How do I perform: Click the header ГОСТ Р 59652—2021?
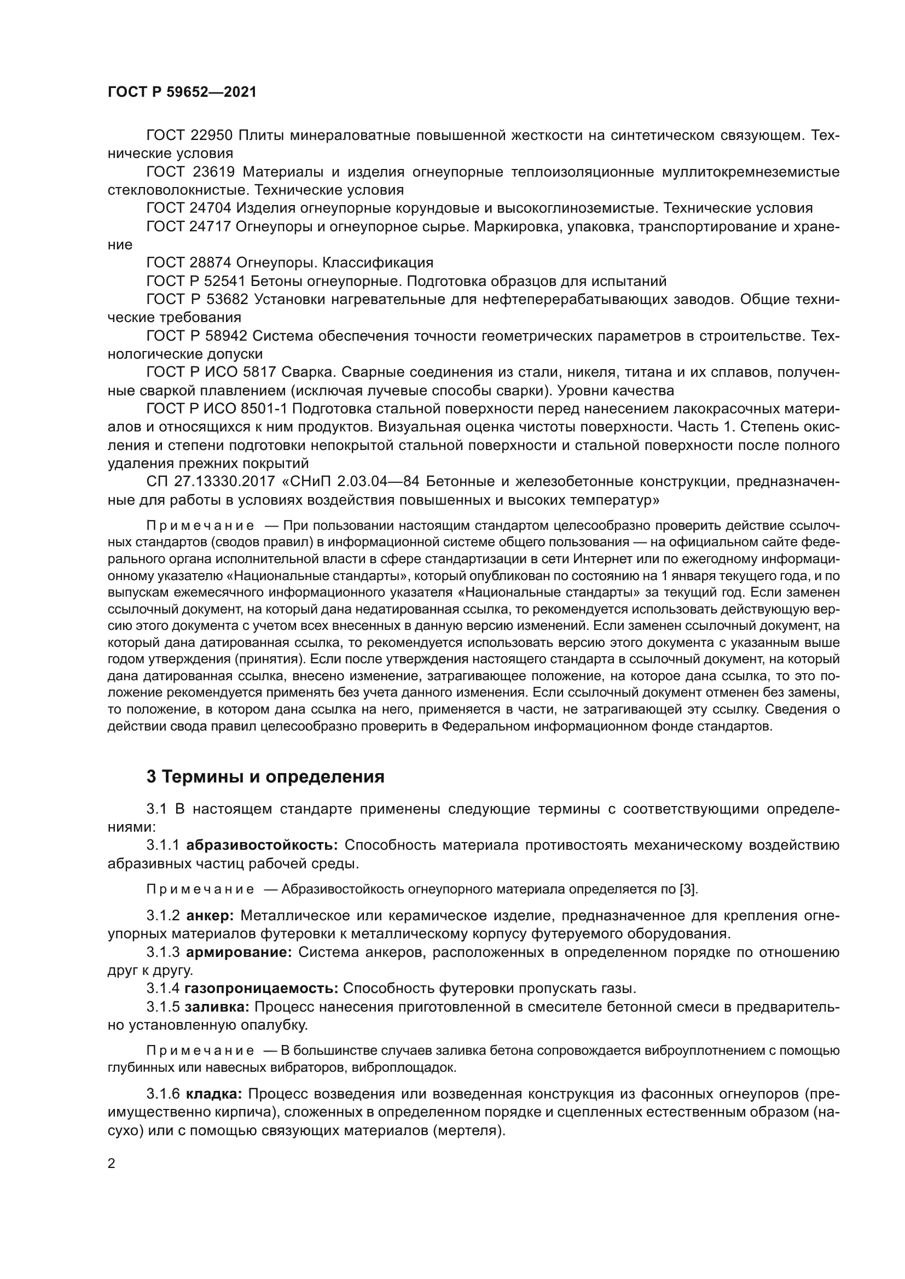click(182, 92)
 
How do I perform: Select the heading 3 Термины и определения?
click(265, 776)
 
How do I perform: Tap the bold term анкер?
click(209, 915)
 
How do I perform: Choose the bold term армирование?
click(239, 951)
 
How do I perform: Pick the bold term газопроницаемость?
click(262, 988)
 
